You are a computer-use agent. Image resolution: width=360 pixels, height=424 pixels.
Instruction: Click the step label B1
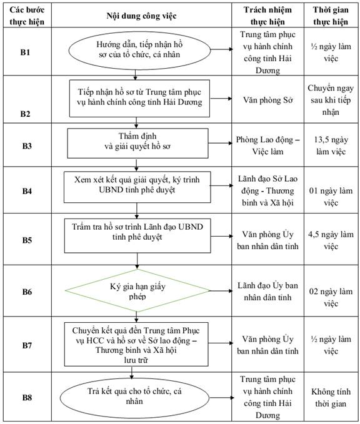[x=25, y=52]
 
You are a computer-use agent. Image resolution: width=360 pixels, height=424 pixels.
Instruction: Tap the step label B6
[x=27, y=292]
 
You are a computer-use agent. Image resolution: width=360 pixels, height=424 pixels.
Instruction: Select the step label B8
[x=27, y=398]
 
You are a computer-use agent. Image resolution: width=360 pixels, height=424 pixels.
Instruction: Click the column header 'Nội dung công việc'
[x=141, y=16]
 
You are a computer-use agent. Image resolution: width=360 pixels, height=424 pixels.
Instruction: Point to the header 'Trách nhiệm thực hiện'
[x=267, y=16]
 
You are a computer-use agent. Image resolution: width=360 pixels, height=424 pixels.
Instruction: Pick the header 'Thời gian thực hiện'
[x=331, y=16]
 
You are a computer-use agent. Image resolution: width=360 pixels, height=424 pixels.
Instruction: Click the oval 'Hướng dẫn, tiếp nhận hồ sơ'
[x=139, y=51]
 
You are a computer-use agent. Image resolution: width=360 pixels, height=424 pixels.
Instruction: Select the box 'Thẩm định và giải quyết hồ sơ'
[x=137, y=144]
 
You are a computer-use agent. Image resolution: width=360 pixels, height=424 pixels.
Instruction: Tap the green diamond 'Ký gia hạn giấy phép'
[x=137, y=291]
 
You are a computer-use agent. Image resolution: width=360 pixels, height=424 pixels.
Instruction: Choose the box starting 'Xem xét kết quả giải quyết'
[x=137, y=187]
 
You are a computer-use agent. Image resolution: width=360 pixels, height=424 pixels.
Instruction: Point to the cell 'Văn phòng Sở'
[x=267, y=100]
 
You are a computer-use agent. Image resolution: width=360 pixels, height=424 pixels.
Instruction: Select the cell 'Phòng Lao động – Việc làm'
[x=267, y=145]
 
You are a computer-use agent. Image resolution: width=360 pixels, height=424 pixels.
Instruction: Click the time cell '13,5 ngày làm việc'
[x=331, y=145]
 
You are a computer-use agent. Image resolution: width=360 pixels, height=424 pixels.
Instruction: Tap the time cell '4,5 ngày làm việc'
[x=331, y=240]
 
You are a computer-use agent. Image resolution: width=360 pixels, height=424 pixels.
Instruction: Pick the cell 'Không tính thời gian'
[x=331, y=398]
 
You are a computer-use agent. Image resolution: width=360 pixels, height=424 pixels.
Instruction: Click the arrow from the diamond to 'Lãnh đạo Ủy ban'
[x=221, y=291]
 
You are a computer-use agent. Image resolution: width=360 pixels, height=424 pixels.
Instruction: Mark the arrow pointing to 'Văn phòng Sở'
[x=221, y=99]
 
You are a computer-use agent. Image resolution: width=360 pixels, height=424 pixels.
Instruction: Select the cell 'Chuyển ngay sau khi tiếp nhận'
[x=331, y=100]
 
